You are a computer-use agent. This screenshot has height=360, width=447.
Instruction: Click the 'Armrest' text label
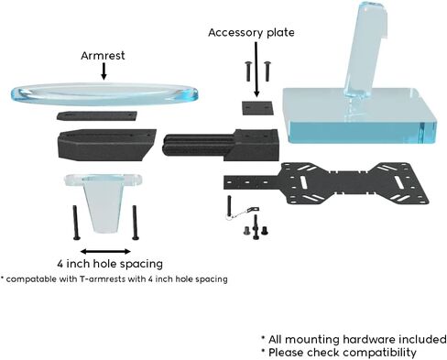pos(103,56)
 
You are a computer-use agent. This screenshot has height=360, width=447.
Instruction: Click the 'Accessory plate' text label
pos(251,33)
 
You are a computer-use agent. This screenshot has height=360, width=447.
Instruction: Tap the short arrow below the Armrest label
pos(104,71)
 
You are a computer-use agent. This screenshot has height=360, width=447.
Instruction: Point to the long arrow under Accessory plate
pos(256,70)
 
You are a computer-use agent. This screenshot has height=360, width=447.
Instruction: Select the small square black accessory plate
pos(257,108)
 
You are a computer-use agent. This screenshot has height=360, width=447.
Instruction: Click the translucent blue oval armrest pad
pos(104,94)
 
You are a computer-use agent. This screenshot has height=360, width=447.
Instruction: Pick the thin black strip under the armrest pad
pos(97,116)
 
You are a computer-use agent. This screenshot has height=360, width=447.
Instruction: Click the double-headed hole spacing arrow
pos(105,252)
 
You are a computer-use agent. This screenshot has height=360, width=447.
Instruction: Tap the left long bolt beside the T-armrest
pos(75,223)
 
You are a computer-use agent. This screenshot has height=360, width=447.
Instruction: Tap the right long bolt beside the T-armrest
pos(135,223)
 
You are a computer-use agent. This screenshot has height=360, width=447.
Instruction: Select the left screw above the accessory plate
pos(248,71)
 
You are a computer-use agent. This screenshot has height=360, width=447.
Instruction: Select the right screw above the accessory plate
pos(267,71)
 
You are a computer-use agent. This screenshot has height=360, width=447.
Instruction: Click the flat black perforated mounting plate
pos(326,183)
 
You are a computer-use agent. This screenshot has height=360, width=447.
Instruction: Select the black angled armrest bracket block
pos(107,145)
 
